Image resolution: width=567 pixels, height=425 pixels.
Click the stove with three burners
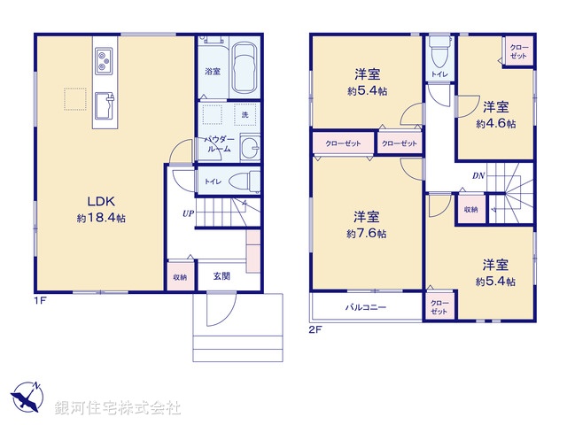[103, 61]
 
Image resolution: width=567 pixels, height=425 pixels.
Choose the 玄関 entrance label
[221, 276]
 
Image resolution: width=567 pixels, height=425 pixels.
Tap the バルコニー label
[364, 308]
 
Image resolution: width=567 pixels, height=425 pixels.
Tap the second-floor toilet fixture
[439, 50]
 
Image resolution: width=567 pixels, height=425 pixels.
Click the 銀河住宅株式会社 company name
[118, 408]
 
